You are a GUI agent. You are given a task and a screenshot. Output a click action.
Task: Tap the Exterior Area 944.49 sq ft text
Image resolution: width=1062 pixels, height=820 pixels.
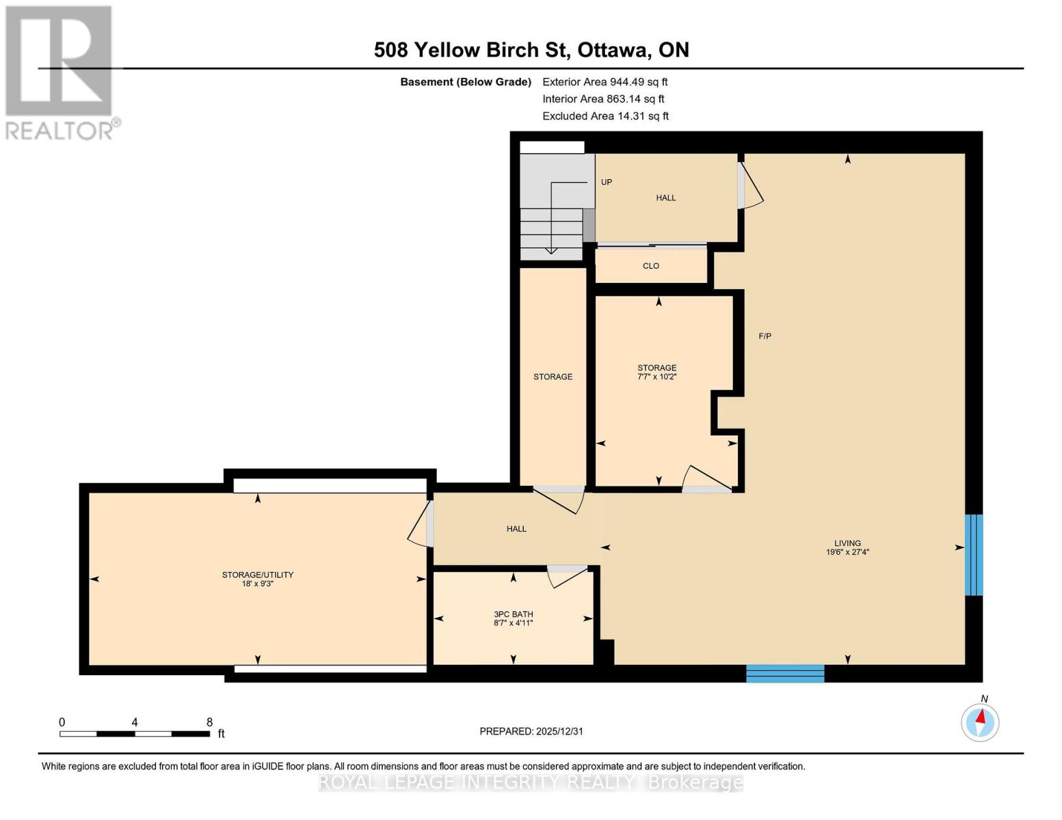click(x=605, y=82)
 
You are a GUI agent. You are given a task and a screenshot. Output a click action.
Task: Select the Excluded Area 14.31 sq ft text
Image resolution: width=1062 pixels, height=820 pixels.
click(x=605, y=116)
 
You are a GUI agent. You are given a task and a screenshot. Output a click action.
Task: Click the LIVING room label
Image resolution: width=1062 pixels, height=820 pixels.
click(x=847, y=543)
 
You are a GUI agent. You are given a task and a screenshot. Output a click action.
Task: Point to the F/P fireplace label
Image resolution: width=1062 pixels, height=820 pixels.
click(x=765, y=336)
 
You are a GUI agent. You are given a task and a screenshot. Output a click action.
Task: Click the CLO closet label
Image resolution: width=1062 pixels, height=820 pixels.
click(x=650, y=266)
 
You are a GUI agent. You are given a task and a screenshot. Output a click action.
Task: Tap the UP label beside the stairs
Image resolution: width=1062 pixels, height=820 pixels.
click(x=606, y=182)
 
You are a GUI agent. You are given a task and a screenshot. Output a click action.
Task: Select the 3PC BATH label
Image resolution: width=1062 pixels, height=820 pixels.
click(x=513, y=614)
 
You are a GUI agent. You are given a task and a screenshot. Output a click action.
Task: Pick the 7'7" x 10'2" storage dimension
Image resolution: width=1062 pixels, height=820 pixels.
click(x=656, y=377)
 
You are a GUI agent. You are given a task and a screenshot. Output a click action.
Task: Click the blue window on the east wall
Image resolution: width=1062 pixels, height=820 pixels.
click(x=973, y=555)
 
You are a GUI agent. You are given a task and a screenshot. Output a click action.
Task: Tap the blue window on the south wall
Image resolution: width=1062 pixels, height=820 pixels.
click(x=785, y=673)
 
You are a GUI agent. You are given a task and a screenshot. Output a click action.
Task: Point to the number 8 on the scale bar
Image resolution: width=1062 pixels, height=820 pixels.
click(x=209, y=722)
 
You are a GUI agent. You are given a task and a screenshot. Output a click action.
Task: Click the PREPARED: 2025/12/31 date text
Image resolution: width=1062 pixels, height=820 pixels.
click(x=531, y=731)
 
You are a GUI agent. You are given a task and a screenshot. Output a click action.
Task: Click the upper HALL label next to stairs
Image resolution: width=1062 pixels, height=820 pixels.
click(x=665, y=197)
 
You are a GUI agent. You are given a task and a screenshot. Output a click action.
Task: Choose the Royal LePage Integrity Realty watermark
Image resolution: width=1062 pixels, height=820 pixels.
click(x=531, y=782)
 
